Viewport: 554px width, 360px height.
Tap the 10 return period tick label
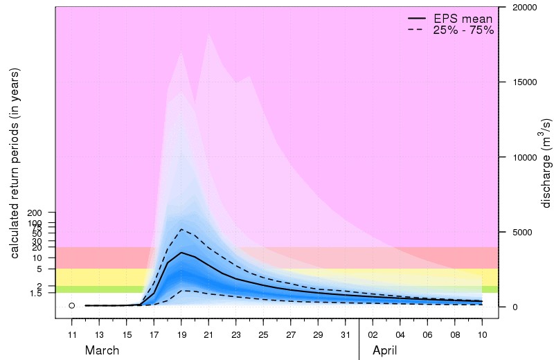42,258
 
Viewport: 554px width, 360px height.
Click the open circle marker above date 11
72,305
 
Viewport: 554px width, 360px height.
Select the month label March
102,351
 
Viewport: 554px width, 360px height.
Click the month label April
385,351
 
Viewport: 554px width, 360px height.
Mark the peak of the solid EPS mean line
181,253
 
